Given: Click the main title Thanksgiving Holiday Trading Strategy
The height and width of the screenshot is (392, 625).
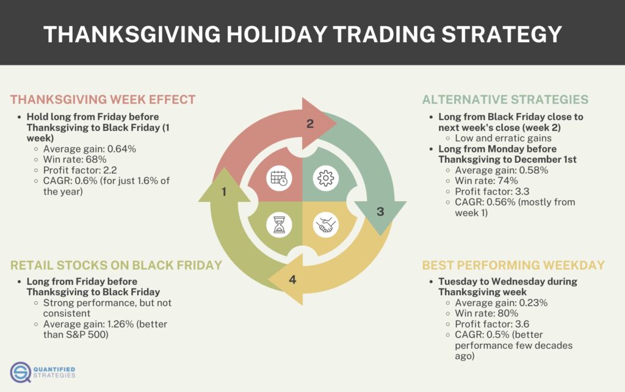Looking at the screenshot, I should click(x=303, y=34).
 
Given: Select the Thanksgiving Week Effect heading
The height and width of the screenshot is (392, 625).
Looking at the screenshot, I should click(x=103, y=99).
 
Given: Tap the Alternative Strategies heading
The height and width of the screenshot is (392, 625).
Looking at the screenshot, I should click(x=505, y=99).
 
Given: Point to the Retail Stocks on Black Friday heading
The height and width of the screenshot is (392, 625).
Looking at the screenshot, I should click(x=115, y=265).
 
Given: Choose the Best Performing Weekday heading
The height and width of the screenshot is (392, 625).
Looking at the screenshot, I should click(x=513, y=265).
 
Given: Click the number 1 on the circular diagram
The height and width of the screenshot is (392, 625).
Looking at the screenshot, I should click(x=224, y=191).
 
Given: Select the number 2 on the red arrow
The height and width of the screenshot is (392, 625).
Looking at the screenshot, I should click(x=310, y=124).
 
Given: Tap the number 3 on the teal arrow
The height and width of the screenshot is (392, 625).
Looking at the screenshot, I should click(x=380, y=212).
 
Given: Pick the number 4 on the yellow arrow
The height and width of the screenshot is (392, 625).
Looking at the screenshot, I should click(x=292, y=280).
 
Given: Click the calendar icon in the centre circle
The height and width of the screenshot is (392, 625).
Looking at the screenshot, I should click(x=280, y=179).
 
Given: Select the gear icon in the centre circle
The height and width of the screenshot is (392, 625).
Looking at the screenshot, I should click(x=325, y=179).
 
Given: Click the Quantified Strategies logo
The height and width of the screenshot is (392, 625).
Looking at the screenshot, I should click(x=43, y=372).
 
